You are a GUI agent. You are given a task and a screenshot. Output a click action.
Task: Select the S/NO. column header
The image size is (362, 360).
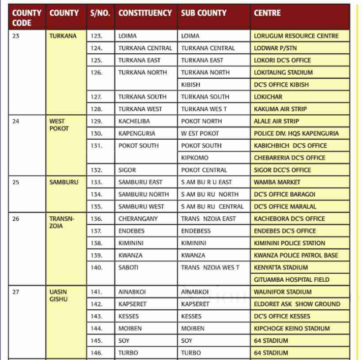[x=100, y=13]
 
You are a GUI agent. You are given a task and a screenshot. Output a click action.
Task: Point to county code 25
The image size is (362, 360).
[x=16, y=182]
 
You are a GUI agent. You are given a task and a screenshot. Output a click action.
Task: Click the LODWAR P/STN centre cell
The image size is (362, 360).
[x=275, y=48]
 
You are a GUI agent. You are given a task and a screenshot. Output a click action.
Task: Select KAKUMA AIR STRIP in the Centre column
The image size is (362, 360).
[x=280, y=109]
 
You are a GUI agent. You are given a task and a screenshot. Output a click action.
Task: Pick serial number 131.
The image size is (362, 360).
[x=96, y=146]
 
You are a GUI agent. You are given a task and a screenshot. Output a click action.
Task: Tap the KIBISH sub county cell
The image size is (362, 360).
[x=191, y=85]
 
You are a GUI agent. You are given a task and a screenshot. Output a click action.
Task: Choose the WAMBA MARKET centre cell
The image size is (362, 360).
[x=277, y=182]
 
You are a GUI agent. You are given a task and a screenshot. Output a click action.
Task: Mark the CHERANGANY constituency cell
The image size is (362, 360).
[x=138, y=219]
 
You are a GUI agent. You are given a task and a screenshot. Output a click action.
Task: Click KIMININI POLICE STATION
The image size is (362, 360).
[x=289, y=243]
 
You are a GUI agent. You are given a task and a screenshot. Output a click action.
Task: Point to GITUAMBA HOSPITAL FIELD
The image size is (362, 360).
[x=291, y=280]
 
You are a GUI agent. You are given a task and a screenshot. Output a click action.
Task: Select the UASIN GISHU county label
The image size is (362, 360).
[x=58, y=296]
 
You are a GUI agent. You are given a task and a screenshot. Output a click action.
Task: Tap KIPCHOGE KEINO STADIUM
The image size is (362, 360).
[x=292, y=329]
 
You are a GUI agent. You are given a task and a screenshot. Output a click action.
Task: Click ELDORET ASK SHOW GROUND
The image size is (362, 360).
[x=297, y=304]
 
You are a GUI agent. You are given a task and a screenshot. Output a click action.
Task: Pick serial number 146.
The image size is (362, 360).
[x=96, y=353]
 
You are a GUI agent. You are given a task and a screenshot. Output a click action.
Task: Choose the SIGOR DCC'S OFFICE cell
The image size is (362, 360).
[x=282, y=170]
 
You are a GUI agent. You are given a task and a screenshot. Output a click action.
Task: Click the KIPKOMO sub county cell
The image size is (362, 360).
[x=194, y=158]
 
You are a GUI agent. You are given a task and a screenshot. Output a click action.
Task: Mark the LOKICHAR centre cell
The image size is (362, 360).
[x=268, y=97]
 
